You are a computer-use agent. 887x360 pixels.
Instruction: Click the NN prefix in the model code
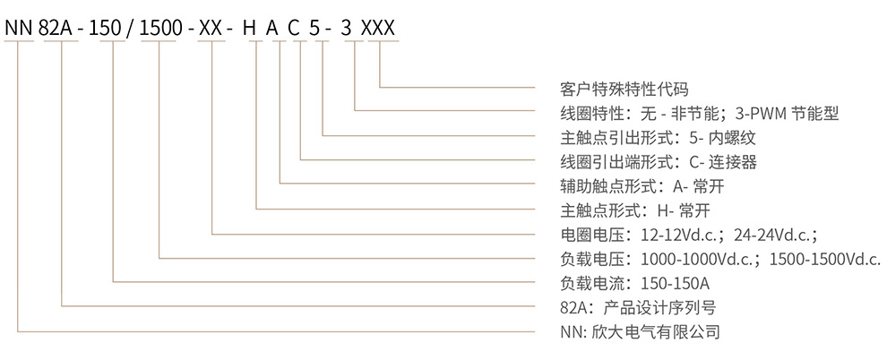coord(19,28)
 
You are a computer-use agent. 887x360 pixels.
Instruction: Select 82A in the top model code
coord(60,28)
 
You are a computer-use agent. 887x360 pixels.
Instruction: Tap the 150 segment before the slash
coord(113,28)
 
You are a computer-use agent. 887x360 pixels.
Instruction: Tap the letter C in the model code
coord(299,28)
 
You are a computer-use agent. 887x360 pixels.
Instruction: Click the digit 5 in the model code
coord(321,28)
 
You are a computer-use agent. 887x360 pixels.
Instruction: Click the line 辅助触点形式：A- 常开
coord(633,186)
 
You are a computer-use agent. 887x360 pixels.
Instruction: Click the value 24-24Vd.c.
coord(774,235)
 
